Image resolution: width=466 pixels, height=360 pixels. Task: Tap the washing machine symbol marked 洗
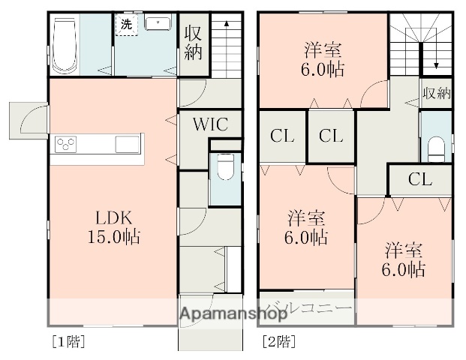125,24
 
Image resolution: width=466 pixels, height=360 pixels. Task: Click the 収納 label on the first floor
193,43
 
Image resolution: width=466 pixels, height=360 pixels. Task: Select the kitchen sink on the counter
127,143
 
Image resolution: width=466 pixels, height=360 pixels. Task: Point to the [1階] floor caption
68,342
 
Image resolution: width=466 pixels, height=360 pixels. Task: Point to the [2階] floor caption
278,342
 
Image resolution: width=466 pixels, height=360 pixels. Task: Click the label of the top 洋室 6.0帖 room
323,59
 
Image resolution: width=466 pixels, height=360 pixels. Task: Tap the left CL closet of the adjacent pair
282,136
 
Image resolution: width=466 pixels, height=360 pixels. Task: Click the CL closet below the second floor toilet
420,179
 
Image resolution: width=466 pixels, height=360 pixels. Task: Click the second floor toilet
436,147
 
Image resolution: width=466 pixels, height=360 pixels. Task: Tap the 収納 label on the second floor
436,94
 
